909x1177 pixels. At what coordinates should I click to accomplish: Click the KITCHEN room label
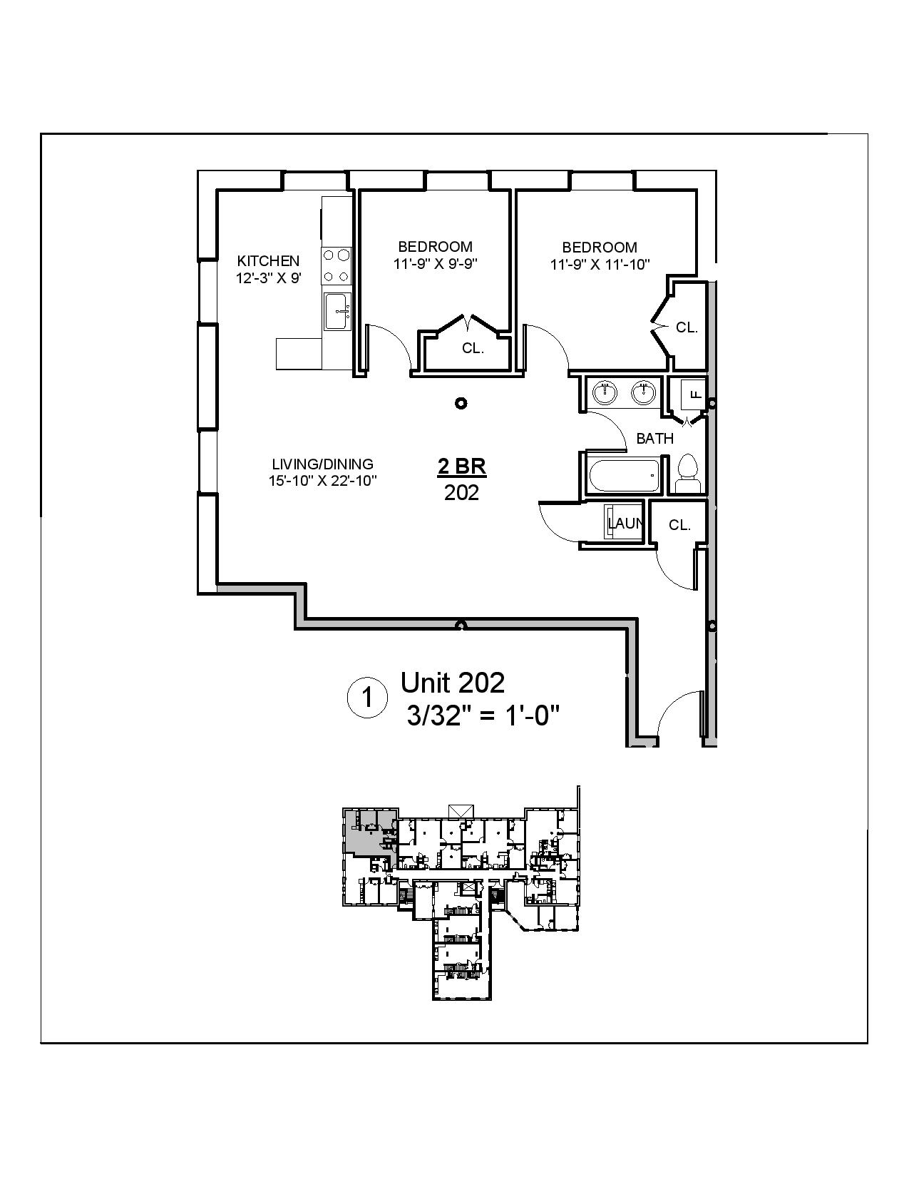pos(268,260)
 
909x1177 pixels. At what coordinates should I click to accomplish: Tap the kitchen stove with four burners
pos(336,265)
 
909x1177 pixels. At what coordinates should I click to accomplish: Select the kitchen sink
pos(336,311)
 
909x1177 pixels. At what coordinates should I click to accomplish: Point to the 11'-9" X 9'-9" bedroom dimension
pos(435,263)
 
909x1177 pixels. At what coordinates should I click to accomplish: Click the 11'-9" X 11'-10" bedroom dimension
pos(600,265)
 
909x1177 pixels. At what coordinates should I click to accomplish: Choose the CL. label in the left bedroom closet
pos(473,349)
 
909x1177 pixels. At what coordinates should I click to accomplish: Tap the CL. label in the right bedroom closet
pos(687,327)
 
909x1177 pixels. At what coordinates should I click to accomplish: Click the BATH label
pos(654,439)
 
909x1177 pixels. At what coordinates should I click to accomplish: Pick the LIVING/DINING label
pos(322,464)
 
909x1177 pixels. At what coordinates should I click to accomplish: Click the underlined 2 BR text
pos(461,467)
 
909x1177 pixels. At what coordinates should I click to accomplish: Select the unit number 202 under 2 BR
pos(461,493)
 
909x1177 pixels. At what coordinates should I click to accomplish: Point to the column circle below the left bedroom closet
pos(461,403)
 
